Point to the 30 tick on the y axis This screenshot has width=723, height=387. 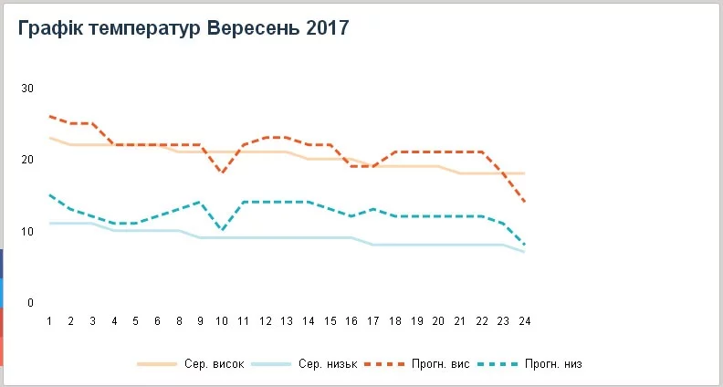(x=27, y=89)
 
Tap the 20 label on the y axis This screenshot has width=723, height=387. (x=27, y=160)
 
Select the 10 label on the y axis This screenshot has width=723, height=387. (x=27, y=231)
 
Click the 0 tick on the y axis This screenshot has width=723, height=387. (x=30, y=303)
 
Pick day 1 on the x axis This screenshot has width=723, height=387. (x=49, y=321)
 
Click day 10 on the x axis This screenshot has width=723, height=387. (x=222, y=321)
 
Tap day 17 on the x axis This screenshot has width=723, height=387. (x=373, y=321)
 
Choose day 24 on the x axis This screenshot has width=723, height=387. (x=525, y=321)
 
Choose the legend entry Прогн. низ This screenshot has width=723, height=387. (x=552, y=364)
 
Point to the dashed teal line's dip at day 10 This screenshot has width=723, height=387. (x=222, y=231)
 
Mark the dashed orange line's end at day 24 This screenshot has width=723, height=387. (x=525, y=202)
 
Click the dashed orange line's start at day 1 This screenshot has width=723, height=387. (x=49, y=116)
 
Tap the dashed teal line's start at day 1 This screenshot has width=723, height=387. (x=49, y=194)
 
